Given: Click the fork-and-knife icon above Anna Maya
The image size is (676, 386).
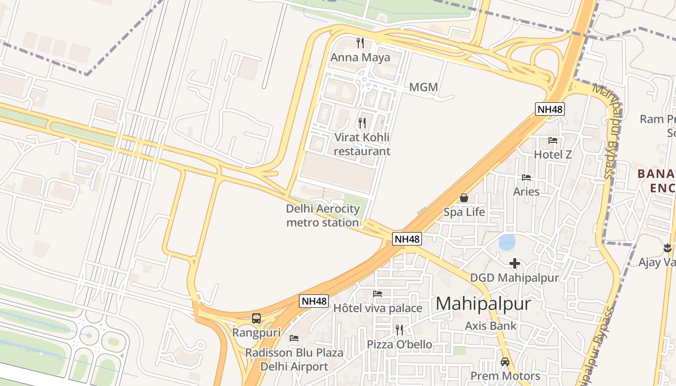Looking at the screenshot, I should (x=360, y=43).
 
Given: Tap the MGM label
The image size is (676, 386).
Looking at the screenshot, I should (x=423, y=87).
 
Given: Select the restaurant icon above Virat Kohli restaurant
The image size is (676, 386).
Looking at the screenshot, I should (x=362, y=123).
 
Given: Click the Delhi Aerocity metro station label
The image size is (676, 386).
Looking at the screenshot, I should (x=323, y=216).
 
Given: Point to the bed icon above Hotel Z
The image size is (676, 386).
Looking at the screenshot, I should (x=553, y=140).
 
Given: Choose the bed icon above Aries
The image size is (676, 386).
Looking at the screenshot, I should (x=526, y=178).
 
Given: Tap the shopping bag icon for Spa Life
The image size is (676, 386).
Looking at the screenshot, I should (x=464, y=198).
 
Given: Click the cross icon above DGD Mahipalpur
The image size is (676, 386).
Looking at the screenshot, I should (x=515, y=263).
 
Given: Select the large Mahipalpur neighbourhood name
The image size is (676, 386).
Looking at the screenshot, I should (x=483, y=303).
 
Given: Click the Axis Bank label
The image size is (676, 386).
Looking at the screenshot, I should (x=491, y=326).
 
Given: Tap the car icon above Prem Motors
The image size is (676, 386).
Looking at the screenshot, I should (x=505, y=361).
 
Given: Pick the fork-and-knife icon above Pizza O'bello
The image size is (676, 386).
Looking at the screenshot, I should (x=399, y=330).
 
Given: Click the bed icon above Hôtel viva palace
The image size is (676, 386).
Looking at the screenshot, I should (x=378, y=293).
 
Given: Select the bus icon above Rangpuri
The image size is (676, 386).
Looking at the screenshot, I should (x=256, y=318).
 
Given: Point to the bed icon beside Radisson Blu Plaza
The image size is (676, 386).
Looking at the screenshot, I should (x=294, y=338).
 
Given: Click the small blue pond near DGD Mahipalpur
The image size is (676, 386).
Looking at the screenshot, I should (x=507, y=242).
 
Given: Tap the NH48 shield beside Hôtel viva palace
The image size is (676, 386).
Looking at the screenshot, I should (x=314, y=301).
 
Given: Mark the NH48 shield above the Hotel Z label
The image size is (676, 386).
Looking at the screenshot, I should (x=550, y=109).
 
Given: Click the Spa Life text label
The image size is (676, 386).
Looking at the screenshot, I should (x=465, y=212).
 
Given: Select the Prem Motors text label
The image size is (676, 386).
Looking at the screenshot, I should (x=505, y=376).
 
